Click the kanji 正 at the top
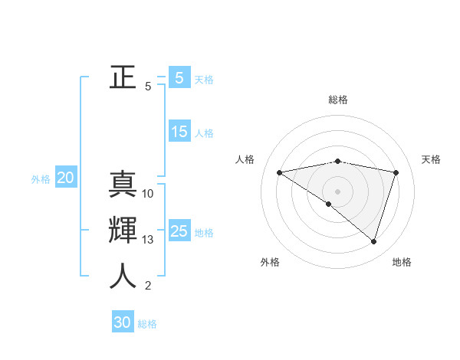(x=123, y=77)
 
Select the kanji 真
(x=123, y=185)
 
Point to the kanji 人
(x=123, y=277)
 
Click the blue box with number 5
(x=179, y=77)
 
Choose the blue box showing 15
(x=179, y=131)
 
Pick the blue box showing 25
(x=179, y=231)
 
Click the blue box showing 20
(x=65, y=178)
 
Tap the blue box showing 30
(x=123, y=322)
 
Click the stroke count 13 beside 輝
(x=148, y=240)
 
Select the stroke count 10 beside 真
(x=148, y=194)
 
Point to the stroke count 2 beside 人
(x=148, y=286)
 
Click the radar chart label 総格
(x=338, y=100)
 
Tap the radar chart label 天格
(x=432, y=159)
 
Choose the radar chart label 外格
(x=270, y=262)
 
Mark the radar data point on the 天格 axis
(x=396, y=172)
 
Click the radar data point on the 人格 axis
(x=280, y=172)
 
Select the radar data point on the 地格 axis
(x=373, y=241)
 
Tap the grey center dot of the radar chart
(x=337, y=191)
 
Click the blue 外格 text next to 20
(x=41, y=179)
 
